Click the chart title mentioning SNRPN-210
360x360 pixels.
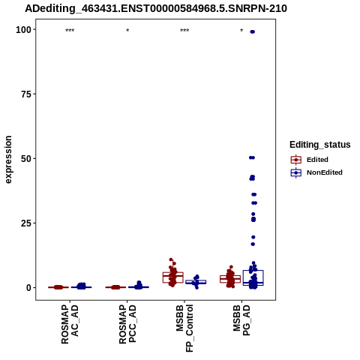tap(156, 9)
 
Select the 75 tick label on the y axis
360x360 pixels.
tap(27, 94)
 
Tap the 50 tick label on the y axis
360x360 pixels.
tap(27, 159)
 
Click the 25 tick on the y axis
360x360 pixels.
tap(27, 223)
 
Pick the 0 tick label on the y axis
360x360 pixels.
tap(29, 287)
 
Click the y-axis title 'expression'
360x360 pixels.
tap(8, 160)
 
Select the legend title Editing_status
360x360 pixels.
tap(320, 145)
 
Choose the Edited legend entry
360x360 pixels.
tap(310, 160)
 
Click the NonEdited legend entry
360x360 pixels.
tap(316, 172)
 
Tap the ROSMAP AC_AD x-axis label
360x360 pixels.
tap(70, 324)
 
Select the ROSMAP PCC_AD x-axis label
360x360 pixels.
tap(127, 324)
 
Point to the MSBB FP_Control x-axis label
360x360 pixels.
tap(184, 328)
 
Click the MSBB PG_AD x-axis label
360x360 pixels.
tap(241, 320)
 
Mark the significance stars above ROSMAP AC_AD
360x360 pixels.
tap(70, 31)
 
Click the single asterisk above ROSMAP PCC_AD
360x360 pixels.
tap(127, 31)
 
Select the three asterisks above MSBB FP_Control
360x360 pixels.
tap(184, 31)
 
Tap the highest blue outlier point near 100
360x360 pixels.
tap(253, 31)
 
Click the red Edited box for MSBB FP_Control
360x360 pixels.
tap(173, 277)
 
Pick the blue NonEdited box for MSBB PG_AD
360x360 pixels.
tap(253, 277)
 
